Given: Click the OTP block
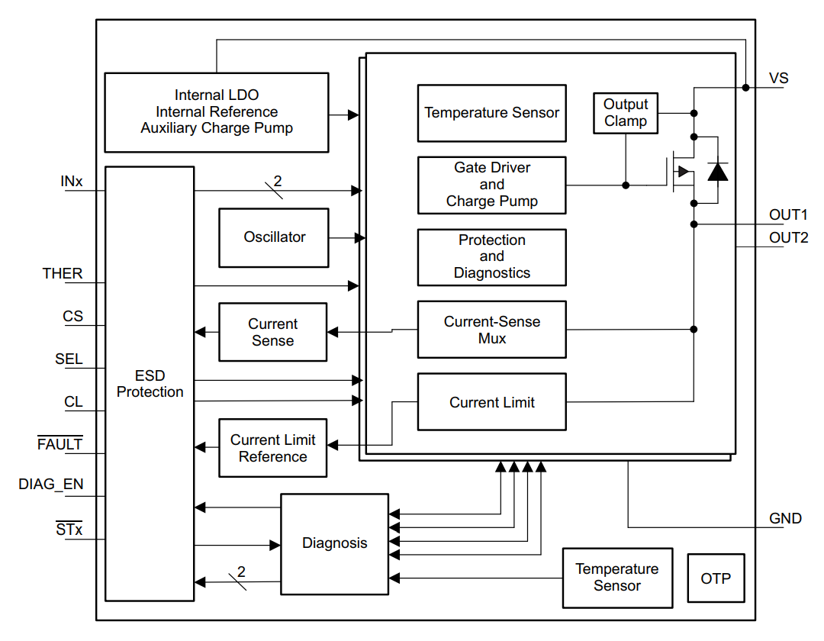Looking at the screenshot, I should pos(716,578).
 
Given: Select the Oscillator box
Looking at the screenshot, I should pos(274,237).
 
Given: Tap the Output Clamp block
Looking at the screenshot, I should pos(626,113).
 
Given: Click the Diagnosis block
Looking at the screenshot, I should pos(334,543).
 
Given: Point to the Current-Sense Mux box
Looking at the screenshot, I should pos(491,330).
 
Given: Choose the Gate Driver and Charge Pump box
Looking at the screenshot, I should pos(491,185).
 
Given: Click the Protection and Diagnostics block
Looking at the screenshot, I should pos(491,256).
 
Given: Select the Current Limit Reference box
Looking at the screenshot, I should pos(272,448).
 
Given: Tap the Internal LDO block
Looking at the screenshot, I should pos(217,112).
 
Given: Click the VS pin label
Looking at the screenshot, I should pos(779,79).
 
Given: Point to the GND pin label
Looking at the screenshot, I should pos(785,519).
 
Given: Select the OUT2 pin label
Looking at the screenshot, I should pos(788,237).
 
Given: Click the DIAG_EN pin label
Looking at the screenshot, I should pos(51,484).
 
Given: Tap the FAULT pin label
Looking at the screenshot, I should pos(60,444).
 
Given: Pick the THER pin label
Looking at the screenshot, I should pos(63,273).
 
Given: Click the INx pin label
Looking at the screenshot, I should pos(72,182).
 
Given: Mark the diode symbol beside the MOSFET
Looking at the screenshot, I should pos(717,172).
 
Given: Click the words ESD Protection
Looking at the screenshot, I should pos(150,384).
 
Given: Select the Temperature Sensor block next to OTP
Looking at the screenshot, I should pos(617,578).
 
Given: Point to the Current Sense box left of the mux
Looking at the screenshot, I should pos(272,333).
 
